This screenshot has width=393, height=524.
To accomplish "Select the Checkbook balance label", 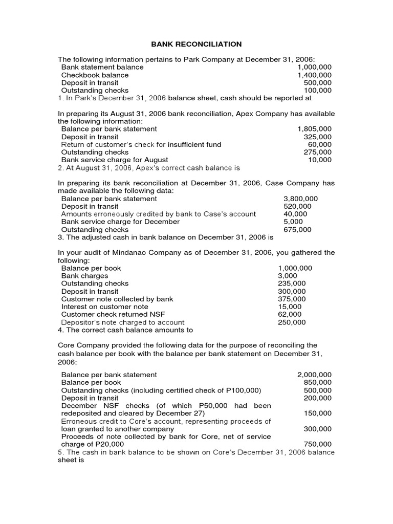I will coord(95,75).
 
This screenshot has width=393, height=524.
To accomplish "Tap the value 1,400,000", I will coord(314,75).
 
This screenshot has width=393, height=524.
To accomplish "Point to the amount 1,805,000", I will coord(314,129).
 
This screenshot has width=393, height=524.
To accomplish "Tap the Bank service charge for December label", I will coord(120,222).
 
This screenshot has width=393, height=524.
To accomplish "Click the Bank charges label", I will coord(84,276).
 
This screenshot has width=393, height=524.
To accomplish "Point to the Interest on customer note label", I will coord(104,307).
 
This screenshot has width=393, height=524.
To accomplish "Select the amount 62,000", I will coord(290,314).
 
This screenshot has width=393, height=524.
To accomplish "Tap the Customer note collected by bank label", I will coord(117,299).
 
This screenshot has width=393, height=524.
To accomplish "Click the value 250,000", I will coord(292,322).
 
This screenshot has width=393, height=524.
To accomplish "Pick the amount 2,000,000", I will coord(314,375).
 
